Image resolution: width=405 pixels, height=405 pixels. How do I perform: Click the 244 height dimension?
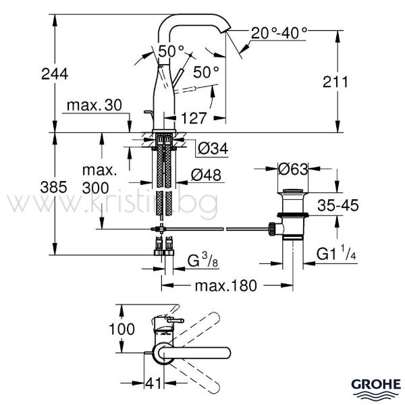click(x=55, y=74)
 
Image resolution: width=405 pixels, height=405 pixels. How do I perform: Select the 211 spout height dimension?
click(x=335, y=82)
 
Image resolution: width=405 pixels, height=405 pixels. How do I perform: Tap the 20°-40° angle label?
click(x=279, y=33)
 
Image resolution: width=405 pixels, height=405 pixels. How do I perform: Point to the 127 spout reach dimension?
click(x=194, y=118)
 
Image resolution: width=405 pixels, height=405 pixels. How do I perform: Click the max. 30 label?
click(x=94, y=105)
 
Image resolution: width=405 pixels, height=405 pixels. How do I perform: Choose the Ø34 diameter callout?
click(x=213, y=148)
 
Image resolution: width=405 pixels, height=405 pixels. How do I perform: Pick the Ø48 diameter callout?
click(x=206, y=175)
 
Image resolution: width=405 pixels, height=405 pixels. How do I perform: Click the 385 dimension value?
click(x=53, y=187)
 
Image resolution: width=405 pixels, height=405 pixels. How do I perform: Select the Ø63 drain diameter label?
click(x=293, y=169)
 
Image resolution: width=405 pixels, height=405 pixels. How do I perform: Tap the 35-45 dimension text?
click(x=338, y=206)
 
